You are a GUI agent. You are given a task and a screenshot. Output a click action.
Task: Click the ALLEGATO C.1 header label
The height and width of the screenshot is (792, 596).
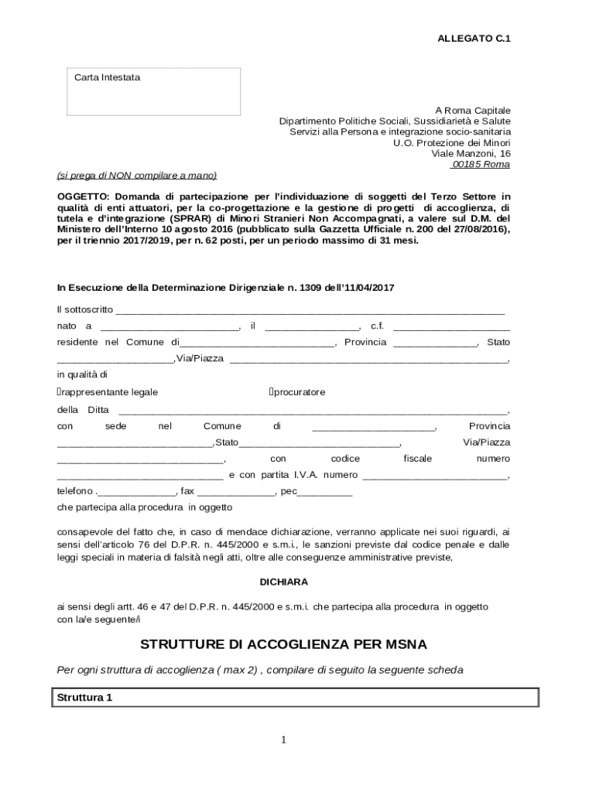coord(474,38)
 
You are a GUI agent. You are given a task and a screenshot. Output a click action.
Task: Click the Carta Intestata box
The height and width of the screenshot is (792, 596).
coord(152,91)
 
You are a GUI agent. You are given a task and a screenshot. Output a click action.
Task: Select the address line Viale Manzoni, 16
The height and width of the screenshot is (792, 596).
coord(471,154)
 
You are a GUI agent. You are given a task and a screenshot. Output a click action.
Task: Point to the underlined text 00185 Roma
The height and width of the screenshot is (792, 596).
coord(481,165)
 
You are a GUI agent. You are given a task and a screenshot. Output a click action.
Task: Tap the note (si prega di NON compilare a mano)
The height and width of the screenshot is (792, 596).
coord(137,176)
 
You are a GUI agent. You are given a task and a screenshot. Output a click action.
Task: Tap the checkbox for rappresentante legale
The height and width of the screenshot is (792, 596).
coord(60,392)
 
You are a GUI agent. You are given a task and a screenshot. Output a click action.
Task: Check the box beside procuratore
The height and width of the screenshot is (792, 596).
coord(272,392)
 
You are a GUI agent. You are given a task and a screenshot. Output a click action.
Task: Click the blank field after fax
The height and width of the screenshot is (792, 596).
coord(236,491)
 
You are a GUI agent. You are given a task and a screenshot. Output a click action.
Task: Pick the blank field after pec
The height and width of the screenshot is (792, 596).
coord(325,491)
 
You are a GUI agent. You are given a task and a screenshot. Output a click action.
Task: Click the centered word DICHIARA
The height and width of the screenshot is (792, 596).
coord(283,582)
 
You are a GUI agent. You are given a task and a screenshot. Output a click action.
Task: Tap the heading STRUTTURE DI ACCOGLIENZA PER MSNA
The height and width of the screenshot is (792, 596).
coord(283,644)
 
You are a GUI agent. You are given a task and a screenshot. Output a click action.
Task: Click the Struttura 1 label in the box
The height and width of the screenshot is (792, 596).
coord(85,698)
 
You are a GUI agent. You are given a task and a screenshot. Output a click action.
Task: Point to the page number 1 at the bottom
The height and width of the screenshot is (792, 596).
coord(283,740)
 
